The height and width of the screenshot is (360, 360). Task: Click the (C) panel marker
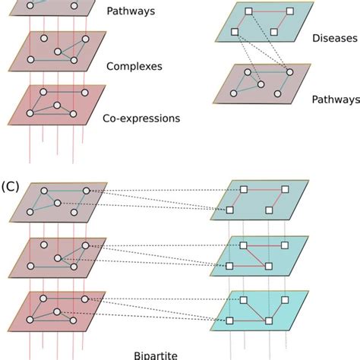(11, 185)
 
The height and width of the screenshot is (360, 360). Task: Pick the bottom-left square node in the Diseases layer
(235, 32)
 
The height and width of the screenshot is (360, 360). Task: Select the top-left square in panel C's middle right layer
(243, 245)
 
